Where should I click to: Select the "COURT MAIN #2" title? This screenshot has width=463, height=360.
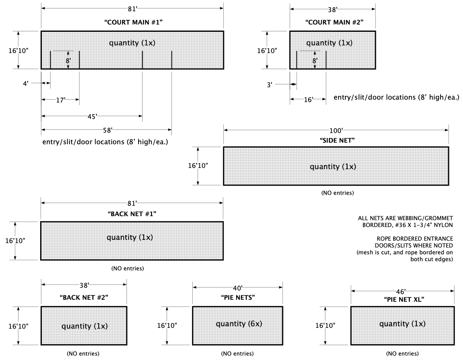point(334,22)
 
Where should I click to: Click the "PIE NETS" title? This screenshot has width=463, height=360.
point(237,298)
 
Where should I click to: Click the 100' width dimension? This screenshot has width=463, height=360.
point(336,130)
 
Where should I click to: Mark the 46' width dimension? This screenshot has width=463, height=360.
point(402,291)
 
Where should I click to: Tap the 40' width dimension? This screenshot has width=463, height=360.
point(237,288)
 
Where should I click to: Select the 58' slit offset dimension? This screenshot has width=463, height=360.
point(106,130)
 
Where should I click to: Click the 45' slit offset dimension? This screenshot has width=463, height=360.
point(92,117)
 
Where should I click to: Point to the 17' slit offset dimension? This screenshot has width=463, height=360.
point(60,100)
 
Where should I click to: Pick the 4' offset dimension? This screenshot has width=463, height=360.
point(26,84)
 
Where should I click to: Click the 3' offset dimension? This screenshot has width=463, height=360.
point(269,84)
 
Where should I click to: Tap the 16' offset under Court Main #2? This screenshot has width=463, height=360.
point(308,100)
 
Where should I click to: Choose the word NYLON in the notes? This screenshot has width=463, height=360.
point(443,225)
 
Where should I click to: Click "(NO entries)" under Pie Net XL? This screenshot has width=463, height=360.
point(402,354)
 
